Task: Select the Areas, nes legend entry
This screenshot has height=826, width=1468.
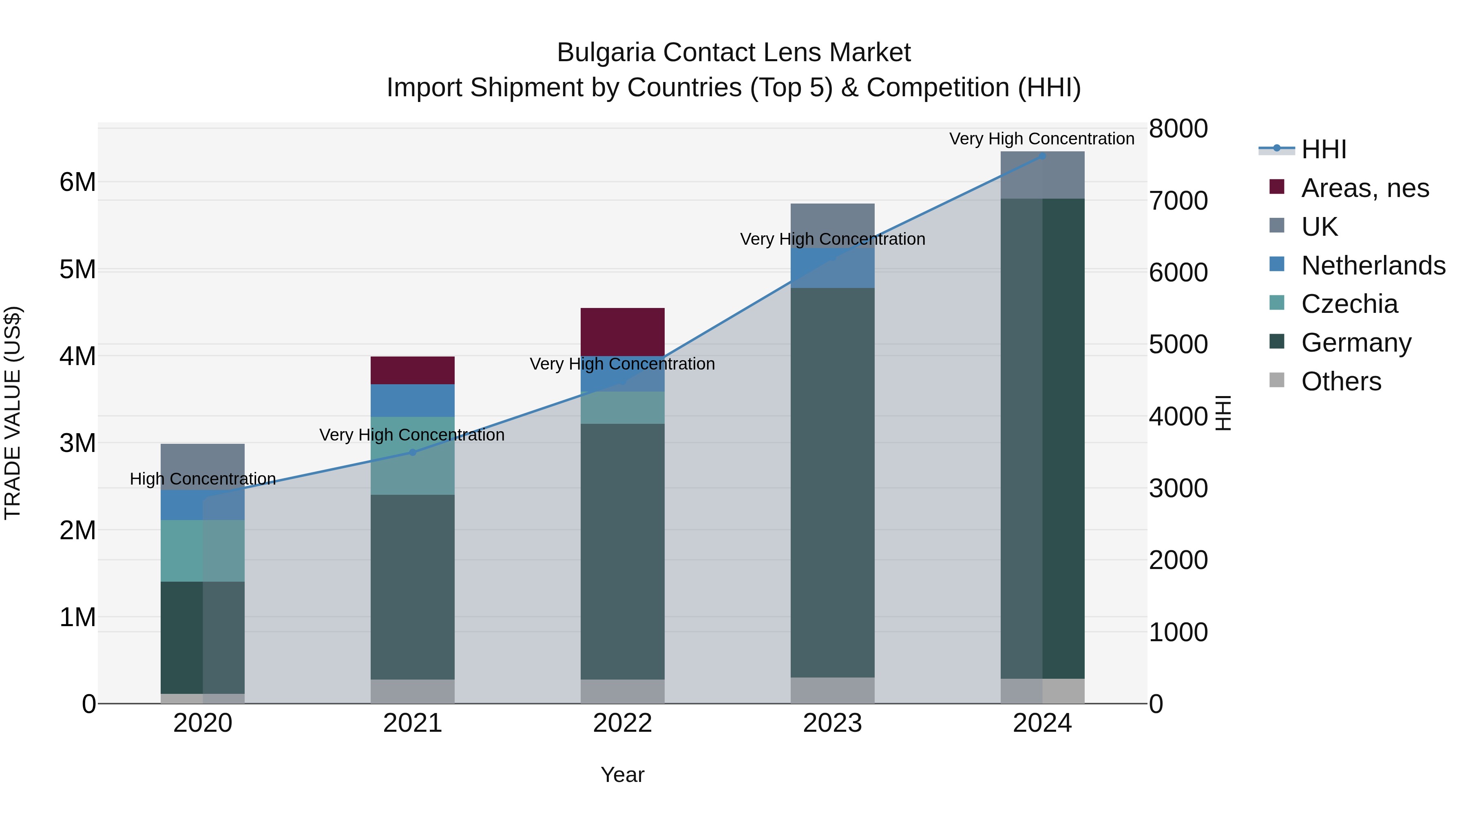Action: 1364,188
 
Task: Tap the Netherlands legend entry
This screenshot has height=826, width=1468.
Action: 1372,266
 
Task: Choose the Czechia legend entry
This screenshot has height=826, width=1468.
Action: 1349,304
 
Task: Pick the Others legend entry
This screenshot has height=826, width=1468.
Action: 1340,381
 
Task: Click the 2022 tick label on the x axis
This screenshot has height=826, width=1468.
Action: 622,723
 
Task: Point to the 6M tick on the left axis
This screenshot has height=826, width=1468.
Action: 77,182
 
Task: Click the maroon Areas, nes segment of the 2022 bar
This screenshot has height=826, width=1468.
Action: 622,332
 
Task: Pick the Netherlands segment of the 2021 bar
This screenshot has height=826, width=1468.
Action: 413,400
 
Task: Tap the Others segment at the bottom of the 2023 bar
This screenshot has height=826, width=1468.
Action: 833,690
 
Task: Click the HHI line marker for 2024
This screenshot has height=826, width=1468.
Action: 1042,156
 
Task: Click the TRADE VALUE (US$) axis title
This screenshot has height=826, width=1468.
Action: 13,413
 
